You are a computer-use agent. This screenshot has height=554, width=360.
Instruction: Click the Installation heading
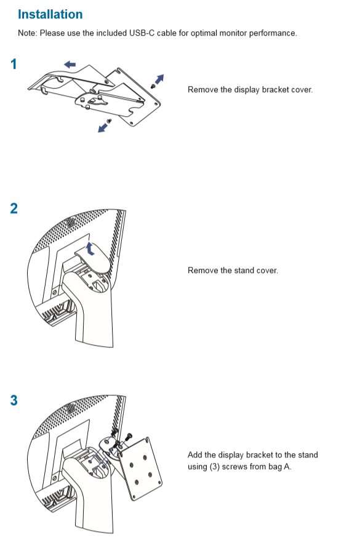pyautogui.click(x=50, y=14)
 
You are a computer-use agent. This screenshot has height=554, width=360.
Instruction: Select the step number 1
pyautogui.click(x=14, y=64)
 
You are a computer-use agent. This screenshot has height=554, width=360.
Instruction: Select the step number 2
pyautogui.click(x=14, y=208)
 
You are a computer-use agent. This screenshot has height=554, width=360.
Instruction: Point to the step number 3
pyautogui.click(x=14, y=401)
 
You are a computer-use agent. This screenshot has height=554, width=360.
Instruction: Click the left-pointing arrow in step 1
pyautogui.click(x=70, y=64)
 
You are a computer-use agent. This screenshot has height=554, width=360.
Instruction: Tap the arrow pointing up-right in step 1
pyautogui.click(x=160, y=78)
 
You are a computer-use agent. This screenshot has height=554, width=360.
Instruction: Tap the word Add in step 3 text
pyautogui.click(x=194, y=455)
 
